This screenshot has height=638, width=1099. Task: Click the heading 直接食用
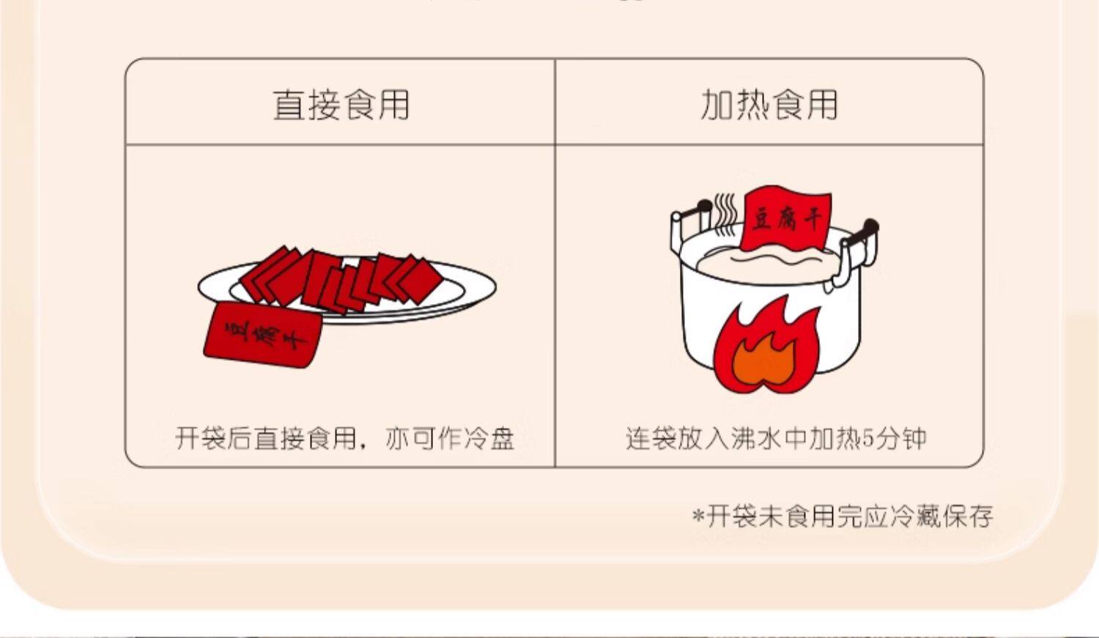[x=341, y=105]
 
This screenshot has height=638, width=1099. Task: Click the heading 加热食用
[x=769, y=105]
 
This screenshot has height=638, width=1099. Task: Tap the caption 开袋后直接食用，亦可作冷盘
[x=344, y=438]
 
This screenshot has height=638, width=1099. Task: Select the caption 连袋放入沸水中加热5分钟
[x=776, y=438]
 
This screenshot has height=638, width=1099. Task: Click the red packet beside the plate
[x=263, y=335]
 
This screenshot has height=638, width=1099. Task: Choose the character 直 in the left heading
[x=289, y=105]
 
